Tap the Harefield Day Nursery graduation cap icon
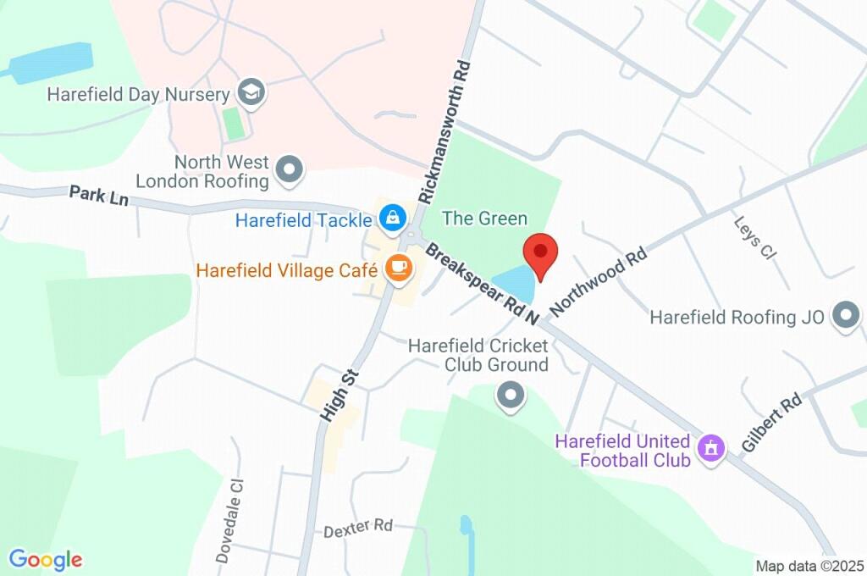[251, 93]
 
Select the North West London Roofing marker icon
[290, 170]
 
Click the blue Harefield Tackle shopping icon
[392, 219]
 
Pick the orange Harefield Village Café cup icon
[397, 269]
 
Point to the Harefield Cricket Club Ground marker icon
[510, 396]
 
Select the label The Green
[485, 219]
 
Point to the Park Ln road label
[103, 200]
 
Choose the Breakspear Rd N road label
[483, 283]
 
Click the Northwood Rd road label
[599, 277]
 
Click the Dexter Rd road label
[359, 527]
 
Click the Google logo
[46, 559]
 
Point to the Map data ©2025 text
[809, 566]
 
